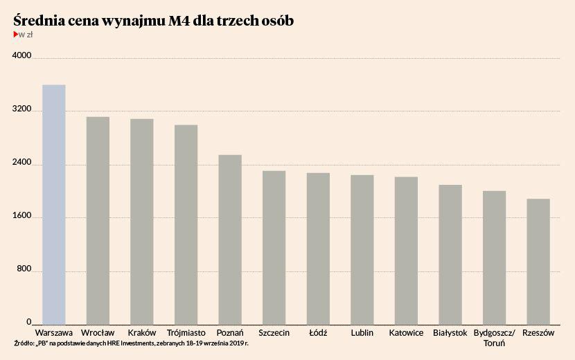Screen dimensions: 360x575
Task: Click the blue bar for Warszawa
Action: pos(53,204)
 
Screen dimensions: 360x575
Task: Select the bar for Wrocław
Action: pos(98,220)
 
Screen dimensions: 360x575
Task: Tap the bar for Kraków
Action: pos(142,222)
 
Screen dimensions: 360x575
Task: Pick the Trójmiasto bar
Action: pos(186,224)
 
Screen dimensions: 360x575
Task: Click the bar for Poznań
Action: pos(230,240)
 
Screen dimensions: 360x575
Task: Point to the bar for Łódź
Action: pos(318,249)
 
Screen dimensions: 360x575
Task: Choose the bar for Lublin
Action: pos(362,249)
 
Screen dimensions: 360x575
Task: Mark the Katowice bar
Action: pos(406,251)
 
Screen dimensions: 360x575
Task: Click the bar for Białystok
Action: pos(450,254)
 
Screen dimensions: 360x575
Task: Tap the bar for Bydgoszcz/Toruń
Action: pos(494,258)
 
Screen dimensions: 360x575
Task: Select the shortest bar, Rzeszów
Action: pos(538,262)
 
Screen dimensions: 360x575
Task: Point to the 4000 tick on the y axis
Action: pos(23,57)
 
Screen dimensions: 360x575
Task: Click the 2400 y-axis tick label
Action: pos(23,164)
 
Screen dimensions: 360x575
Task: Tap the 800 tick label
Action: pos(25,271)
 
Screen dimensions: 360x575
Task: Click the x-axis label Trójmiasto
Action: pos(186,333)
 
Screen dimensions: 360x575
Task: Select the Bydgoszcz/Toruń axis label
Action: pos(494,338)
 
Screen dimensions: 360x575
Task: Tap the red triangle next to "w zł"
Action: pos(15,34)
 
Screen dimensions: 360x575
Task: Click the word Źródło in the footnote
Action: pos(23,343)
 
